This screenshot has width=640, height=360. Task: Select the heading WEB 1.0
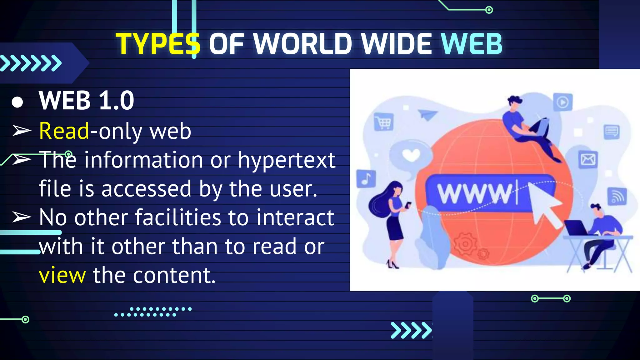(x=87, y=101)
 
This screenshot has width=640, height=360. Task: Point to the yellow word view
(x=62, y=275)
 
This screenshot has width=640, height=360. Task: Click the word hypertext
(x=287, y=160)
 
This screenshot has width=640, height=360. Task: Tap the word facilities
(x=178, y=217)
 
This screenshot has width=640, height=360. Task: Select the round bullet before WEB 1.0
(x=17, y=102)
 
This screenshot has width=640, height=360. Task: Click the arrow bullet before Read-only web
(x=22, y=131)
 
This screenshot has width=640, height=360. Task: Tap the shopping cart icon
(x=384, y=122)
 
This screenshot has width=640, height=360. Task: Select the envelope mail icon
(x=588, y=160)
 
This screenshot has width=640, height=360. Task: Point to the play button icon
(x=563, y=102)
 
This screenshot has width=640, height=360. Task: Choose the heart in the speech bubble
(x=411, y=155)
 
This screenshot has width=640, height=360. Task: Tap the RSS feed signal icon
(x=617, y=197)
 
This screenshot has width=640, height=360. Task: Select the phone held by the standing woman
(x=408, y=205)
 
